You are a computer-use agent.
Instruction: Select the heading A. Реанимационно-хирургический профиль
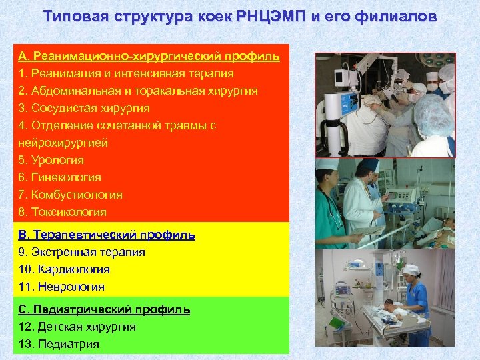click(149, 55)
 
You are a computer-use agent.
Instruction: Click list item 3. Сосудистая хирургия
click(84, 107)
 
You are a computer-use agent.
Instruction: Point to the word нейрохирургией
click(63, 142)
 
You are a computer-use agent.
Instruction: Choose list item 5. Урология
click(51, 160)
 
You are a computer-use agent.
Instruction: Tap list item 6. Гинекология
click(60, 177)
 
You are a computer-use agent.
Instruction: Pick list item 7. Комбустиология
click(71, 195)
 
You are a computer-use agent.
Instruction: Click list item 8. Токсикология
click(63, 212)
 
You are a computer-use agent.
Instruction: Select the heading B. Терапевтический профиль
click(107, 235)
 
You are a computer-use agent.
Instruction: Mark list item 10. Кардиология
click(65, 269)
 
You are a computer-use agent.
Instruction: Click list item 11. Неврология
click(62, 287)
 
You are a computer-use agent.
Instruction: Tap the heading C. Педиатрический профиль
click(104, 309)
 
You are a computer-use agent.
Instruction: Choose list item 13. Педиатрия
click(59, 344)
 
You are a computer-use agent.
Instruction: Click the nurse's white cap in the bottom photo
click(409, 269)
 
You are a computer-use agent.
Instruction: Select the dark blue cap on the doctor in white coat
click(368, 166)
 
